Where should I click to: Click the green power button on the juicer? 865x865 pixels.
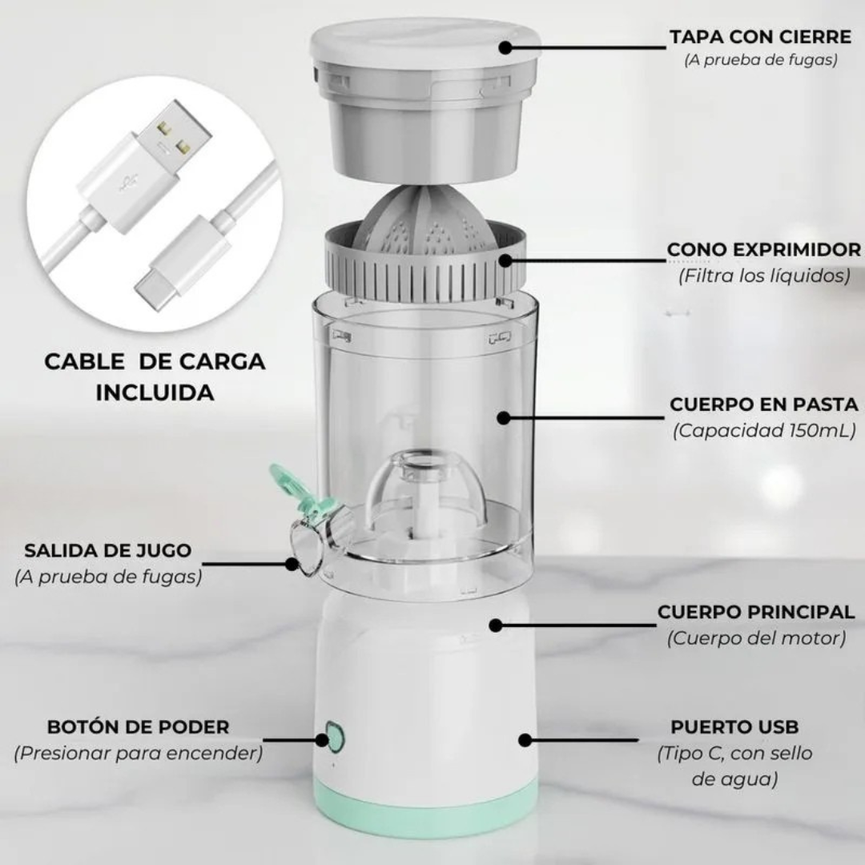[334, 737]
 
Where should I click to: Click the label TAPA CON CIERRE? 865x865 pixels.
[761, 37]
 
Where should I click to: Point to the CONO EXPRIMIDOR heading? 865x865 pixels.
[764, 249]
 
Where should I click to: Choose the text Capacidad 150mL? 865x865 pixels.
[764, 430]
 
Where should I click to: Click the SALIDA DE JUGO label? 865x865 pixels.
[108, 550]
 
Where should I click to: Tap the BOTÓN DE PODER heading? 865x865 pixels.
[138, 726]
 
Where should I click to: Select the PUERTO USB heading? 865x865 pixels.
[734, 726]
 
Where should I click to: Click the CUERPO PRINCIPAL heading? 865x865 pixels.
[756, 612]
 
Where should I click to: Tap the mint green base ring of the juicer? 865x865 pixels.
[426, 806]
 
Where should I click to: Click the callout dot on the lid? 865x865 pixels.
[505, 47]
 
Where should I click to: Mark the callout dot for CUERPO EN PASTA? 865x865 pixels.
[502, 417]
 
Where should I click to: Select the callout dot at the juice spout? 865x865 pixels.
[292, 564]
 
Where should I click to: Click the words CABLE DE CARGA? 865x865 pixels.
[155, 362]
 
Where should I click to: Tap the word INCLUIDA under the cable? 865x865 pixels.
[155, 392]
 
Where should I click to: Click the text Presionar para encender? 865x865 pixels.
[138, 753]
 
